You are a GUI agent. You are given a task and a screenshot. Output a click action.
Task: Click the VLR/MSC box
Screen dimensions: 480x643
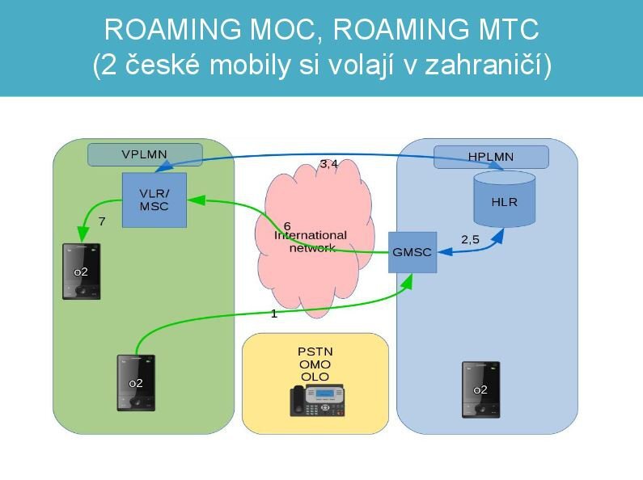[x=154, y=200]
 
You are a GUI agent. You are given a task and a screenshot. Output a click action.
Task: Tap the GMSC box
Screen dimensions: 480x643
[x=412, y=251]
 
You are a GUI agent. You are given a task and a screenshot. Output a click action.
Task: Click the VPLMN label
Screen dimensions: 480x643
[x=144, y=154]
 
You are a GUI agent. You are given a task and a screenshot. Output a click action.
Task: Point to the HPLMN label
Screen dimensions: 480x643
[x=490, y=157]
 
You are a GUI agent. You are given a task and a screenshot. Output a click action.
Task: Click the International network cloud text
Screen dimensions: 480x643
[x=311, y=241]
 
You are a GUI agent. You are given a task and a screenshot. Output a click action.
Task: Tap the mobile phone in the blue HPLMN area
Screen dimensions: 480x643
[x=480, y=389]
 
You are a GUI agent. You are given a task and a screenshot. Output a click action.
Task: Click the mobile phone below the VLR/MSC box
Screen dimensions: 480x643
[x=81, y=272]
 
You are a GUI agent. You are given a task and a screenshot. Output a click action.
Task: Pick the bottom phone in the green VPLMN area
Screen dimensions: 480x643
[x=135, y=383]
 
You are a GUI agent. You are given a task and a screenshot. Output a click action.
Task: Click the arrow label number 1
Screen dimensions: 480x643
[x=273, y=314]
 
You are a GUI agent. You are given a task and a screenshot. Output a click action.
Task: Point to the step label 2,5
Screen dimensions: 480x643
[x=470, y=239]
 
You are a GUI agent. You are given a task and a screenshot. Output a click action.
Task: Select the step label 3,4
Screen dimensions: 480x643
[x=328, y=164]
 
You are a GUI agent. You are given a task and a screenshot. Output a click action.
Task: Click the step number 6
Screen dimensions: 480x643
[x=287, y=225]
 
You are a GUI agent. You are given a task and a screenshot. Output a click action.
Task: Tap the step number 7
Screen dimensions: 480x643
[x=101, y=221]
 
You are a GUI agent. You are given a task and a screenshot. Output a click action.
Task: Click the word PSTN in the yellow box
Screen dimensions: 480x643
[x=315, y=352]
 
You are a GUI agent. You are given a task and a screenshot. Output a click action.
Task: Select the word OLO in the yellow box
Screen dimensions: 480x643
[x=315, y=377]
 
